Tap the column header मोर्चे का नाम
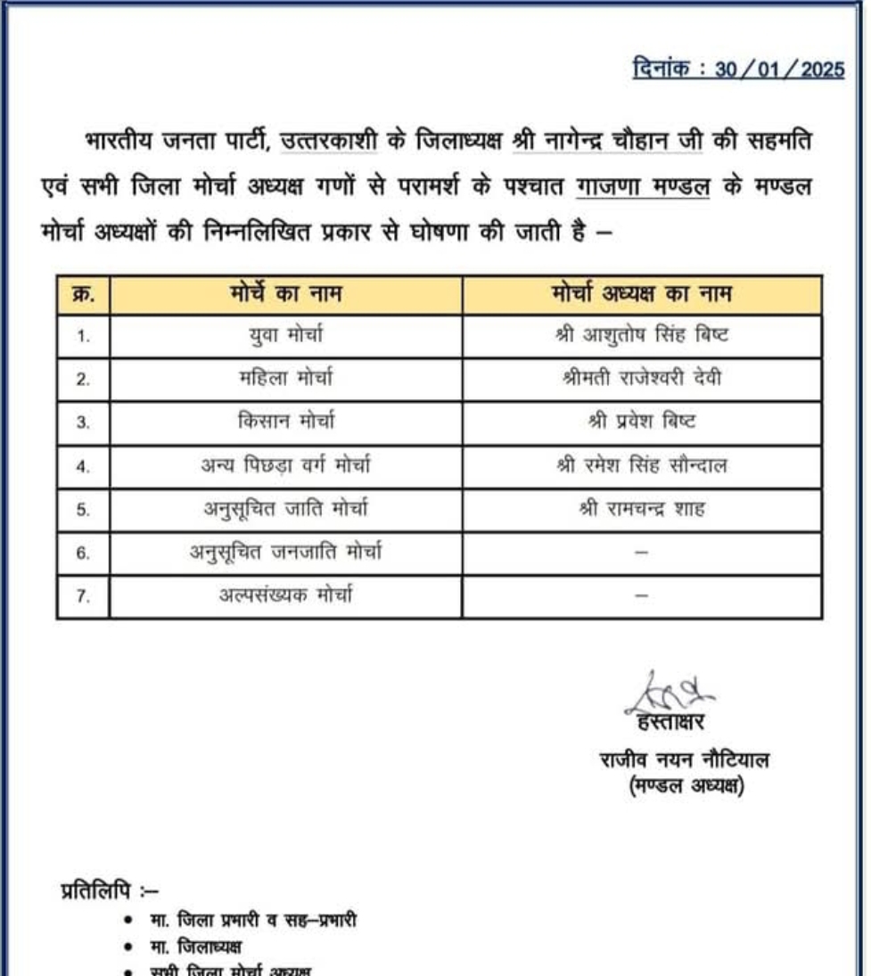(x=285, y=294)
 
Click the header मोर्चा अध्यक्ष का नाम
(x=641, y=294)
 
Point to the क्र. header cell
(x=83, y=294)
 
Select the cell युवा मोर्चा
(x=285, y=336)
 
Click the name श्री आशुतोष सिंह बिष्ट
(x=641, y=336)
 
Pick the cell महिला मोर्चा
(x=285, y=379)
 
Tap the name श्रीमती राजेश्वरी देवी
(x=641, y=379)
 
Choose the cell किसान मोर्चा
(x=285, y=422)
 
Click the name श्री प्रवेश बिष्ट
(x=641, y=422)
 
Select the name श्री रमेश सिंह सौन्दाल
(x=641, y=465)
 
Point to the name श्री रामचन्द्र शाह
(x=641, y=509)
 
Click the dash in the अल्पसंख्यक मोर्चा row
(x=641, y=596)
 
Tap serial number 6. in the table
(x=83, y=553)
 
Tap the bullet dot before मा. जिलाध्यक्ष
(x=131, y=947)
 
